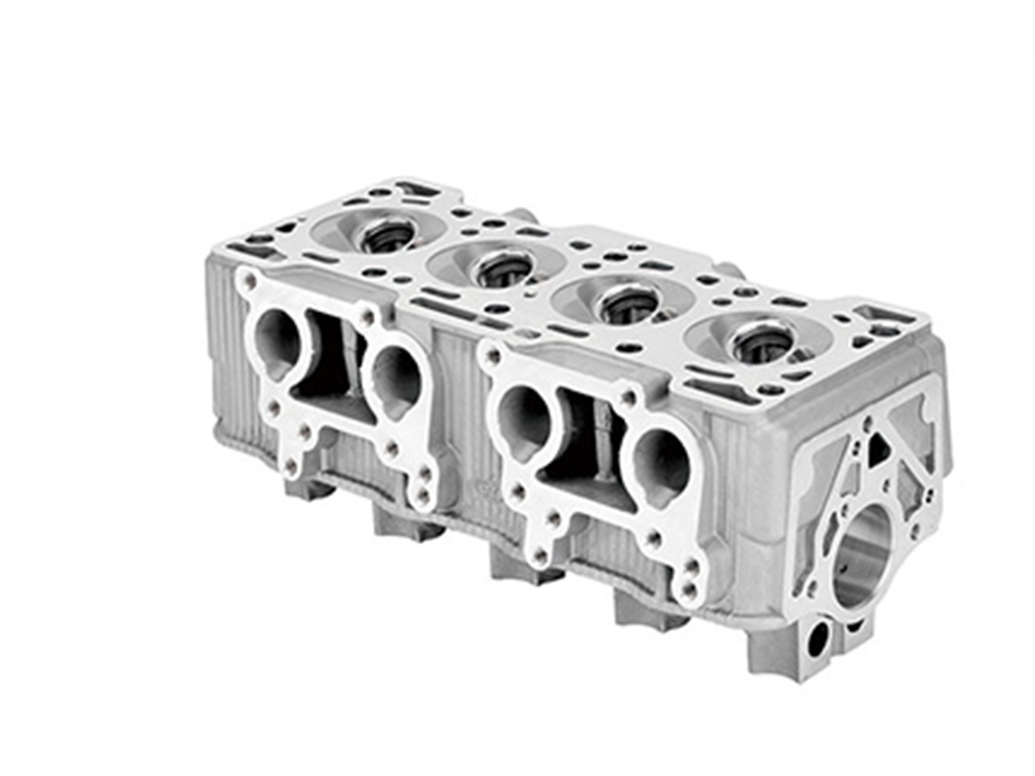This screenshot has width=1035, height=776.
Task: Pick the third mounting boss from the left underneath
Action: (x=513, y=561)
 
